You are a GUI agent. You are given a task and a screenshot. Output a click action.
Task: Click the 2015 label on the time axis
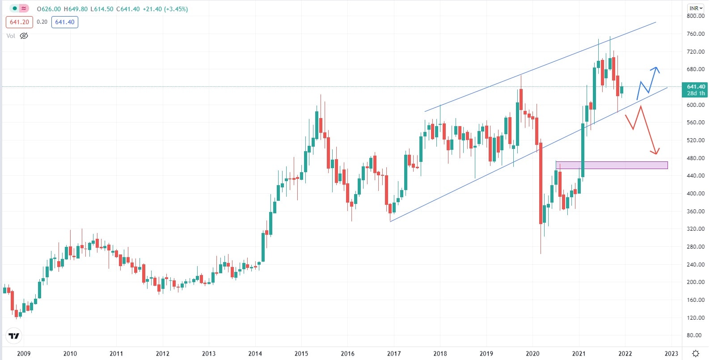(301, 353)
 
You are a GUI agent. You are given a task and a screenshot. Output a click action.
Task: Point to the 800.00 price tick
(695, 16)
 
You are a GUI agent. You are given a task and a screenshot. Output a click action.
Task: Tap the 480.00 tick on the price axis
(695, 158)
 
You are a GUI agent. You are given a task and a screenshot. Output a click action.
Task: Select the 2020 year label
(532, 353)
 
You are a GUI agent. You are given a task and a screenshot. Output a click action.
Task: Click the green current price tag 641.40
(695, 89)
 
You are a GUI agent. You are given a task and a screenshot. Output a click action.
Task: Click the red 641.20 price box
(19, 22)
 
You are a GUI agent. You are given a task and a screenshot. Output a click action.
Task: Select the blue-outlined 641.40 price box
(65, 22)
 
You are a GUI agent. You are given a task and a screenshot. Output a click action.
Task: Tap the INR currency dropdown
(696, 8)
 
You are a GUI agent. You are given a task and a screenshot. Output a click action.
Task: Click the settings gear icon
(696, 353)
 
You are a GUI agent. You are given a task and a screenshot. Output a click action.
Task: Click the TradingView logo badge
(14, 336)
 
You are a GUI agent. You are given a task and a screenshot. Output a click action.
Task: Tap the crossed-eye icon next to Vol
(24, 36)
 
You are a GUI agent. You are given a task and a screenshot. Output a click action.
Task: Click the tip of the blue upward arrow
(656, 68)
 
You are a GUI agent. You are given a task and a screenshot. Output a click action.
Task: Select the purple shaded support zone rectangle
(611, 165)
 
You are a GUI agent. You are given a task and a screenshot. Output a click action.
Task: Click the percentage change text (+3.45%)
(176, 9)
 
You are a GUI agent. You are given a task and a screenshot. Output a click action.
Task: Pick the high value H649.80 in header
(76, 9)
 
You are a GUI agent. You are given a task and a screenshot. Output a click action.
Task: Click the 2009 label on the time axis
(24, 353)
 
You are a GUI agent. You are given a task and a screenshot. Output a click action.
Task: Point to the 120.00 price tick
(695, 318)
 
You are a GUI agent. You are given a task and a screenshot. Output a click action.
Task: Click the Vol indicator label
(11, 36)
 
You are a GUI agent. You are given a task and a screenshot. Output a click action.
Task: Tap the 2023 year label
(671, 353)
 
